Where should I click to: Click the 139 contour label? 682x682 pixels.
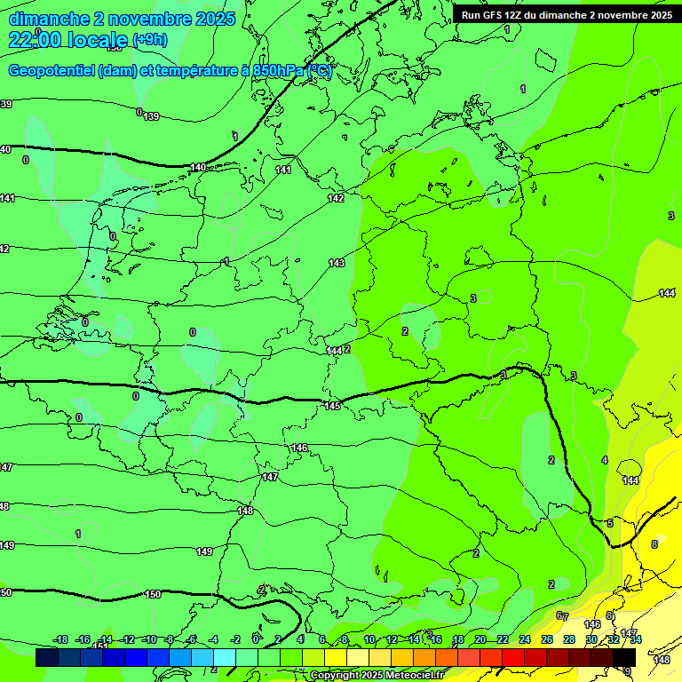[x=151, y=116]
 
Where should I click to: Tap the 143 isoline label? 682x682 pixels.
[x=337, y=263]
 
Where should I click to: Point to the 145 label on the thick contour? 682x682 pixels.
[x=332, y=406]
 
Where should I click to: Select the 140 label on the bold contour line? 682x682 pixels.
[x=198, y=167]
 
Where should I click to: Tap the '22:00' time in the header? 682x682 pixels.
[x=34, y=40]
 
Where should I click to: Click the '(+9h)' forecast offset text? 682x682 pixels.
[x=148, y=40]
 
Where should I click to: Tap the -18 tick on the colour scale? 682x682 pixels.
[x=60, y=639]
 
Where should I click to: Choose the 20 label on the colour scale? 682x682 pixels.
[x=480, y=639]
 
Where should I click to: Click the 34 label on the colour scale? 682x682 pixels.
[x=636, y=639]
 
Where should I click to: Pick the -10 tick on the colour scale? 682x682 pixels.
[x=149, y=639]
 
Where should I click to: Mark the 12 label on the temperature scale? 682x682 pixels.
[x=392, y=639]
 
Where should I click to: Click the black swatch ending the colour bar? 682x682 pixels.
[x=625, y=658]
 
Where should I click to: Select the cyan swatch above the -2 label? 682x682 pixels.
[x=225, y=658]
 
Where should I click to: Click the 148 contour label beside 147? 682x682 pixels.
[x=246, y=511]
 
